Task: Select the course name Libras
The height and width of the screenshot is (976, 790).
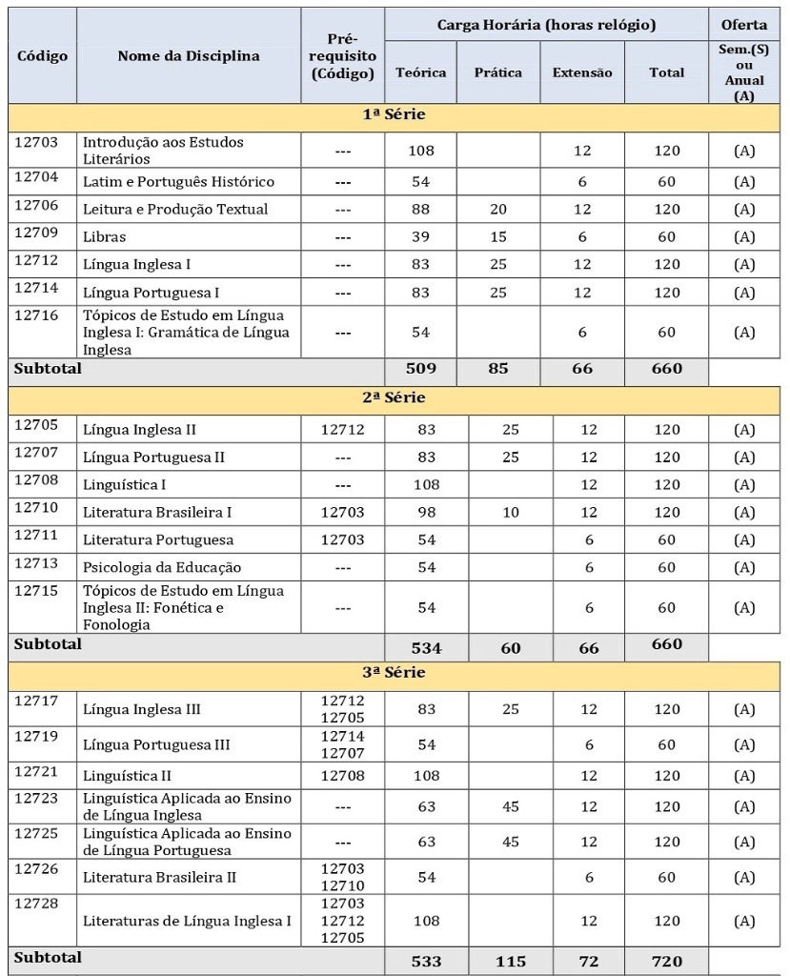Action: (104, 236)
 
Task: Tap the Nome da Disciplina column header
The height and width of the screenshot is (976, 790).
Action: (189, 56)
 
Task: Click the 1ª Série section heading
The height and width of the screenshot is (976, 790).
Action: (394, 115)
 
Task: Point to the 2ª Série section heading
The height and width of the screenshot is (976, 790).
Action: (394, 398)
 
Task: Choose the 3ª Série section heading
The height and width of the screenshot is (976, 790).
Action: (394, 673)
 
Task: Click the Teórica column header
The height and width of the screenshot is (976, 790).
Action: (420, 72)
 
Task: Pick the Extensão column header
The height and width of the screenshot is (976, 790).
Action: (582, 72)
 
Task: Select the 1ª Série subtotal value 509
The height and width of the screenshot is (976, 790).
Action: (420, 369)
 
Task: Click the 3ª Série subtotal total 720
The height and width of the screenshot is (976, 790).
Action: (666, 961)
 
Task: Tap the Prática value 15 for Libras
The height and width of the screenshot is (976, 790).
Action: (498, 236)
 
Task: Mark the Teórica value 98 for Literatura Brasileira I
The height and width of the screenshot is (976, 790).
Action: (426, 512)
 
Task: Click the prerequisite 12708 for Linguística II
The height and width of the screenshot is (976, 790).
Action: (342, 776)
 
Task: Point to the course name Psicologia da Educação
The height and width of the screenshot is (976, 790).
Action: (162, 567)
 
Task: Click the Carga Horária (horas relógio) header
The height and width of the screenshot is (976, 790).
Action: (546, 25)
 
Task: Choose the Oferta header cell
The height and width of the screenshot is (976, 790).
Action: (744, 25)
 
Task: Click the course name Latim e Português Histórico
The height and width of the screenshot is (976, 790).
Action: (178, 182)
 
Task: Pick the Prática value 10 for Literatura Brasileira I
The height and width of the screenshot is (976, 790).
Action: (511, 512)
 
